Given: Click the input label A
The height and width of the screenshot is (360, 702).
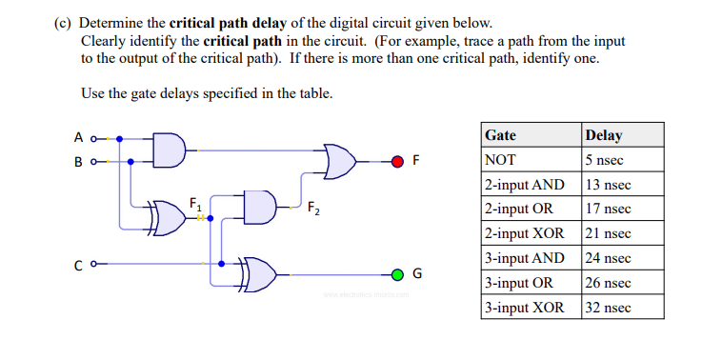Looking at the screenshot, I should pos(78,138).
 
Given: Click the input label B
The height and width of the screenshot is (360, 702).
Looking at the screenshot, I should pos(78,161).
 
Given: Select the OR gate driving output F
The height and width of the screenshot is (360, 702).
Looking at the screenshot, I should pos(340,161).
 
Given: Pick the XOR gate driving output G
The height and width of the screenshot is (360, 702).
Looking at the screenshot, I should pos(260,275).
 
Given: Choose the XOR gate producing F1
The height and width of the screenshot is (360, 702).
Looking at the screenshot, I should pos(168,218).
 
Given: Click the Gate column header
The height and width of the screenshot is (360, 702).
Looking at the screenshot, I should pos(501,135).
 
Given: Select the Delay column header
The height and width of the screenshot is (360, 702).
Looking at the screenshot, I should pos(605,135).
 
